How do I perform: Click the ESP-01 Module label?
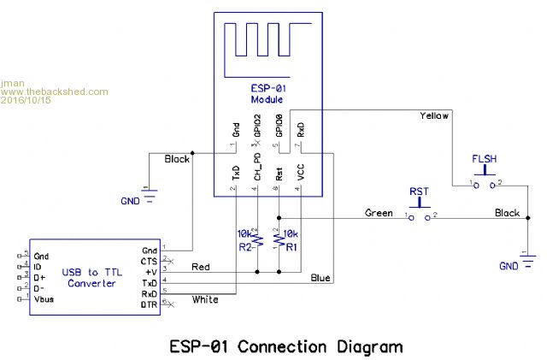[267, 94]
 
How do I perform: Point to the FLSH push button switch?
[484, 182]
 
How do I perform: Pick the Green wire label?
[379, 212]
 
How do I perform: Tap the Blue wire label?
[321, 278]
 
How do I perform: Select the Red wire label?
[201, 267]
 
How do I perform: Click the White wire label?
[205, 299]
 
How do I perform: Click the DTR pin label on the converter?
[149, 304]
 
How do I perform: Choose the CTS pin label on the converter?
[149, 260]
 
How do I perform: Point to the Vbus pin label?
[46, 299]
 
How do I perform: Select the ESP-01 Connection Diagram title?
[285, 346]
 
